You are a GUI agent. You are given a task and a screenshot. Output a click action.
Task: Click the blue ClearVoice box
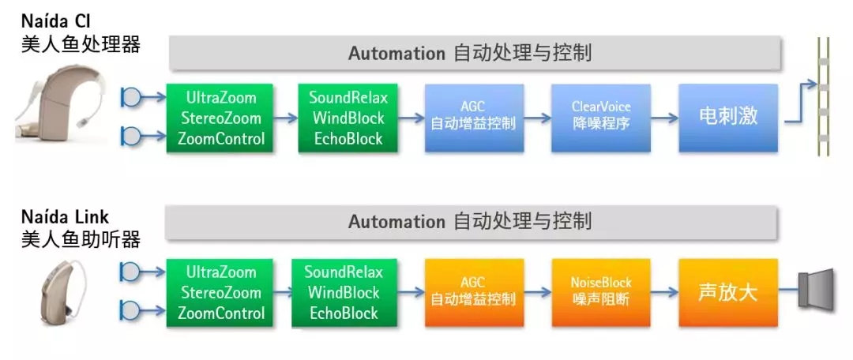click(x=601, y=118)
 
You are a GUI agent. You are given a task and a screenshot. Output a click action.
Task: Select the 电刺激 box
click(x=728, y=118)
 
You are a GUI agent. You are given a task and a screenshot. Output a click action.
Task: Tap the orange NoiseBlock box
click(x=601, y=293)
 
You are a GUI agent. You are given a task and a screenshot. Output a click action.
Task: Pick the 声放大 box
click(x=728, y=293)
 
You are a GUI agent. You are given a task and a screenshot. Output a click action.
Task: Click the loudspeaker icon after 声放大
click(x=816, y=289)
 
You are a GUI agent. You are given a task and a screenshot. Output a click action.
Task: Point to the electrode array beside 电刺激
click(x=823, y=97)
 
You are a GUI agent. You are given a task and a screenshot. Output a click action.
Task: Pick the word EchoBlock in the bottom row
click(x=344, y=313)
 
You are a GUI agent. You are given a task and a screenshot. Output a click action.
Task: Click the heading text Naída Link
click(x=66, y=217)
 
